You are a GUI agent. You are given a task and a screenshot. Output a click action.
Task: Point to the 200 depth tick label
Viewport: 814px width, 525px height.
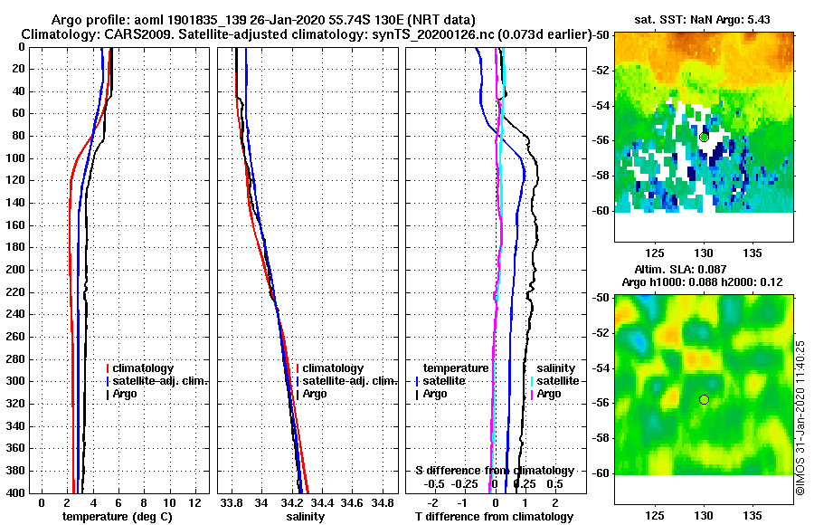point(14,270)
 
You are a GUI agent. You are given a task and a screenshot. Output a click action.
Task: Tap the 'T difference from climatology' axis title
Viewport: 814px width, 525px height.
point(494,517)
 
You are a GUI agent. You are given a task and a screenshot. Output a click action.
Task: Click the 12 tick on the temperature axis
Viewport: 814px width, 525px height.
point(194,503)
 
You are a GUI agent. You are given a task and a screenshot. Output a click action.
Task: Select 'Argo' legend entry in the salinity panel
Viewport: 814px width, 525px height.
point(315,394)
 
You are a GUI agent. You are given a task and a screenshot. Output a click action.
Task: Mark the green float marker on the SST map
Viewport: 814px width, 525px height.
point(705,137)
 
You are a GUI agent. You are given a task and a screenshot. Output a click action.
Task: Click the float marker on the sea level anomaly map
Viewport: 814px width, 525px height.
point(705,400)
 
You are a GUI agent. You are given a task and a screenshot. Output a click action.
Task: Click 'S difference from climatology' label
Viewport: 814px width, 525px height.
point(494,471)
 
